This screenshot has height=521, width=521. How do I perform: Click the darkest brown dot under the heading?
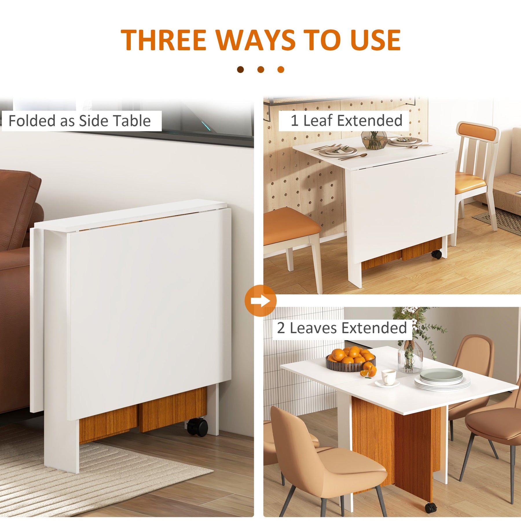[240, 69]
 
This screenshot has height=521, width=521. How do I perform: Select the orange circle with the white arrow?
[260, 301]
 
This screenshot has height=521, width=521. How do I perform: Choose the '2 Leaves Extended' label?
[342, 328]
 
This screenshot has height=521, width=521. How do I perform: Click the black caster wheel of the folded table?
[197, 427]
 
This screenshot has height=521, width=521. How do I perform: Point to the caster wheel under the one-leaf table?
[437, 254]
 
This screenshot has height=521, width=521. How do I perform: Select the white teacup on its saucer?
[388, 378]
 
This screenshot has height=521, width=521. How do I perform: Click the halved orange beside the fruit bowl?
[368, 370]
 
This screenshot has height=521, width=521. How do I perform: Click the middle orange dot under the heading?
[260, 69]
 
